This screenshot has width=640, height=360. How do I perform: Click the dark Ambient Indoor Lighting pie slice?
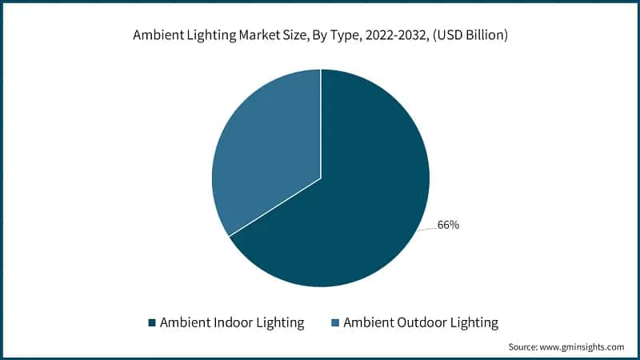coord(352,208)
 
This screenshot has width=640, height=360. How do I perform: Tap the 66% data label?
coord(448,225)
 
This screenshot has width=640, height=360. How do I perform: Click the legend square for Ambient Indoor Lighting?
coord(151,323)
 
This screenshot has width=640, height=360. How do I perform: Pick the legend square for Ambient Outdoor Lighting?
coord(336,323)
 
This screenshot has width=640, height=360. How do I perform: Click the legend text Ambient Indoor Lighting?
coord(232,323)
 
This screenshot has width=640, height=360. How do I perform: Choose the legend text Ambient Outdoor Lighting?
coord(421,323)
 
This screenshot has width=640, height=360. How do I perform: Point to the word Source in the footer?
coord(526,346)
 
